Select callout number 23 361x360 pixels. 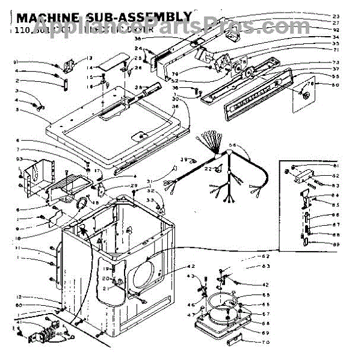click(x=336, y=16)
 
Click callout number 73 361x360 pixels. click(x=336, y=63)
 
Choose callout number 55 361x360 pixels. click(x=336, y=77)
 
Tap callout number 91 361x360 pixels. click(x=17, y=62)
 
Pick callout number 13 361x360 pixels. click(x=90, y=58)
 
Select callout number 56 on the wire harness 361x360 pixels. click(x=233, y=145)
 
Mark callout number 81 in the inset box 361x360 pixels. click(x=336, y=166)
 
